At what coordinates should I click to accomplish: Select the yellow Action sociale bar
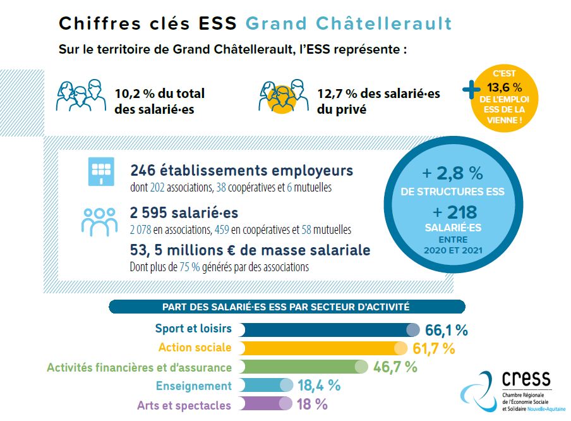321,348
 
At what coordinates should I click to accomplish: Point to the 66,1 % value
446,330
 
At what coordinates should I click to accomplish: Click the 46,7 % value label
395,367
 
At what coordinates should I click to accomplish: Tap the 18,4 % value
319,386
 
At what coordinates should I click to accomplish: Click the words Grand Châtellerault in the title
348,23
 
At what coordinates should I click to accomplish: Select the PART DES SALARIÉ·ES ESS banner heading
287,307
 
